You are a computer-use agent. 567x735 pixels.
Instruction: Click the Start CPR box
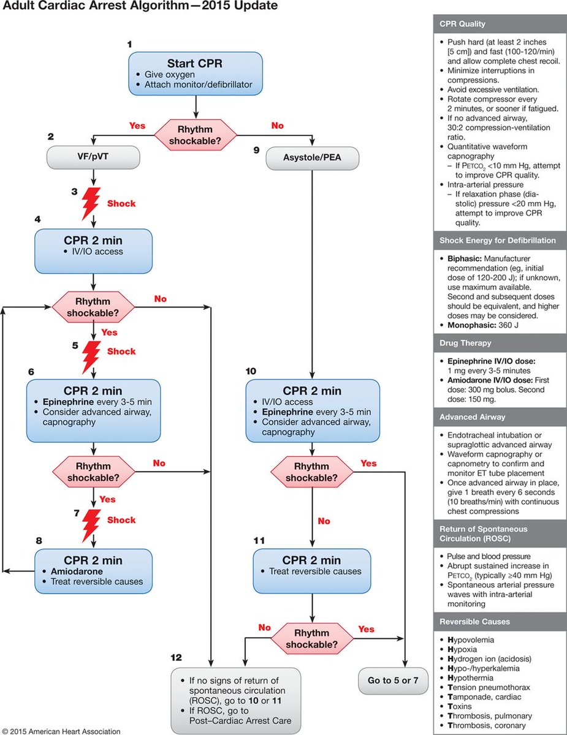tap(195, 74)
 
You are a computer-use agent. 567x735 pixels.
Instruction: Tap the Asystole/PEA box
tap(312, 159)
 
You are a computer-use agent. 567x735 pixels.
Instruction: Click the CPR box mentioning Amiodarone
tap(93, 571)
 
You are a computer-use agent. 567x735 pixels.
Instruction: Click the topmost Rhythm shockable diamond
tap(195, 133)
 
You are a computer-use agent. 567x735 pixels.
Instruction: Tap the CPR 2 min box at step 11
tap(311, 571)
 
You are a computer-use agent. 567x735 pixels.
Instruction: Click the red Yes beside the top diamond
tap(137, 125)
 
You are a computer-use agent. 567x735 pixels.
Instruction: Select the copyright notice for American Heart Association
tap(61, 731)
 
